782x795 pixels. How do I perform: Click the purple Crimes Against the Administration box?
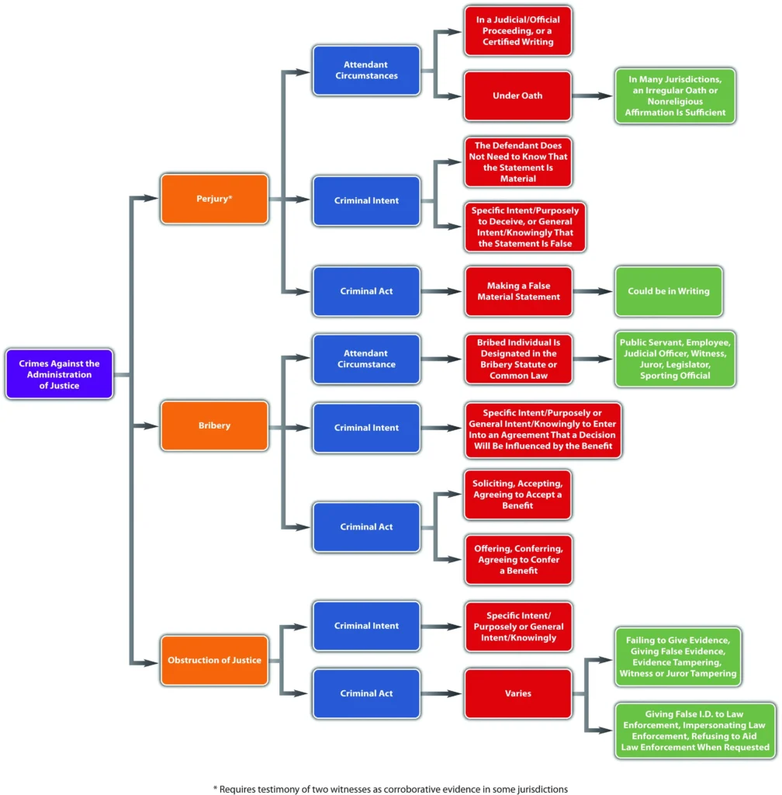coord(60,374)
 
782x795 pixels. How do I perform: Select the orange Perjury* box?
coord(214,200)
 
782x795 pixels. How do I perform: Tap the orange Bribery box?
coord(214,425)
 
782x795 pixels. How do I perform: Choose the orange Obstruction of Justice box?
coord(214,661)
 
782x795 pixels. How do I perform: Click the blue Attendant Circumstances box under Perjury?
coord(366,71)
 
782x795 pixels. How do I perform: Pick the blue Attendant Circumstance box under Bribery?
coord(366,359)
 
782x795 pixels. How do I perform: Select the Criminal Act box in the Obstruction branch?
coord(366,693)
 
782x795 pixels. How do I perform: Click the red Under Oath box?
coord(517,96)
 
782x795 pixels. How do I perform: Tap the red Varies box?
coord(517,693)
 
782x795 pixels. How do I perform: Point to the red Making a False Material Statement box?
coord(517,291)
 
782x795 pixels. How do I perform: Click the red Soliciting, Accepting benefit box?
coord(517,495)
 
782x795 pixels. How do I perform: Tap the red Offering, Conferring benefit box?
coord(517,559)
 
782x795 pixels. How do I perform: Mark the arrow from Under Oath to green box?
coord(593,96)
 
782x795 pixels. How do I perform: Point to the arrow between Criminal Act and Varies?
coord(441,693)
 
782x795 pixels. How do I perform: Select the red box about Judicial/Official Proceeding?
coord(517,31)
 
